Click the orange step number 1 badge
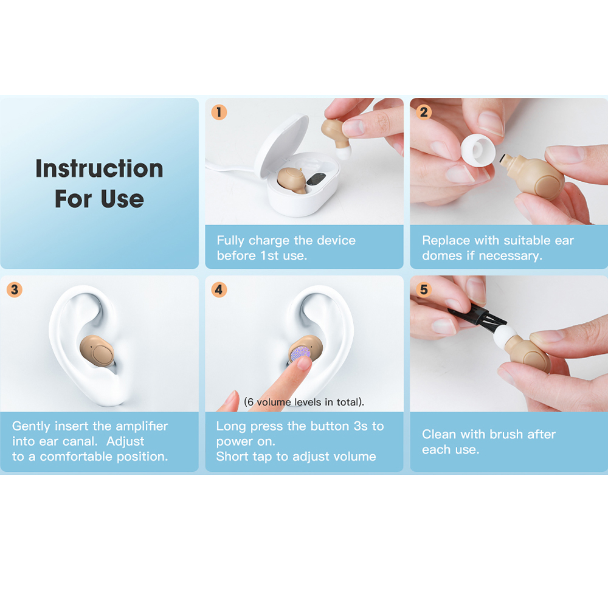coord(219,112)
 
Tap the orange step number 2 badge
coord(424,112)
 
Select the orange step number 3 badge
coord(15,289)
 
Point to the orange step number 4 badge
coord(219,289)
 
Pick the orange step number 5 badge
coord(424,289)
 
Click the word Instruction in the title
coord(99,168)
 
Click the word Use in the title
coord(122,199)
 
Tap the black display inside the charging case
coord(316,179)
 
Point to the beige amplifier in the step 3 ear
coord(97,351)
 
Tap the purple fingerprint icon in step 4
coord(300,354)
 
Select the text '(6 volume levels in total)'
coord(304,402)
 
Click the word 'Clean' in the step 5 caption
coord(439,434)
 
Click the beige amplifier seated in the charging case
coord(292,181)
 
